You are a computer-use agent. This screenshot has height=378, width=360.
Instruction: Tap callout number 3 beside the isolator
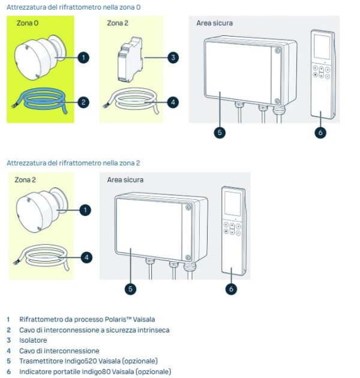coord(173,58)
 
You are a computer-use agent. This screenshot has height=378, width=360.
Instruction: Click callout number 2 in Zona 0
coord(83,102)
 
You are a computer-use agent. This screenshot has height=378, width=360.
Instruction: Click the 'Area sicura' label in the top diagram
coord(214,23)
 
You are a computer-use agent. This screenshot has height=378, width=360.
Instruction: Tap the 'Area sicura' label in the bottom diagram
coord(125,179)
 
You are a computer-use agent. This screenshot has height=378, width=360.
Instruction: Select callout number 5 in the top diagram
coord(220,132)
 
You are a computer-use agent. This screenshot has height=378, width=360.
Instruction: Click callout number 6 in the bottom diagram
coord(232,289)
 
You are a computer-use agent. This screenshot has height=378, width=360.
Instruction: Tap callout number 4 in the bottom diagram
coord(86,257)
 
